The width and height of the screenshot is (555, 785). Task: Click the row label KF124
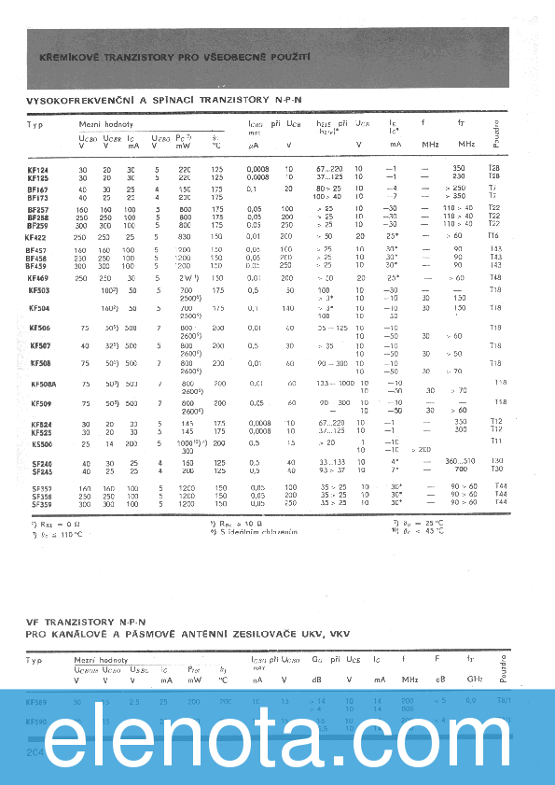point(38,169)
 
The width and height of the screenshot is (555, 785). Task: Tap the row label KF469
point(38,277)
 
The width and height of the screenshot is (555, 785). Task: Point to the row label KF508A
point(42,384)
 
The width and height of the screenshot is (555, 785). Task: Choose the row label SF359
point(40,502)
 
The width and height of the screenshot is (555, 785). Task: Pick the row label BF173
point(38,197)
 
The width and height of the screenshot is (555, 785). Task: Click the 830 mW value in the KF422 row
point(185,238)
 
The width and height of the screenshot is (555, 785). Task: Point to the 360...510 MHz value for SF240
point(459,461)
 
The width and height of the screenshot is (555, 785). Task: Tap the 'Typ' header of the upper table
point(35,124)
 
